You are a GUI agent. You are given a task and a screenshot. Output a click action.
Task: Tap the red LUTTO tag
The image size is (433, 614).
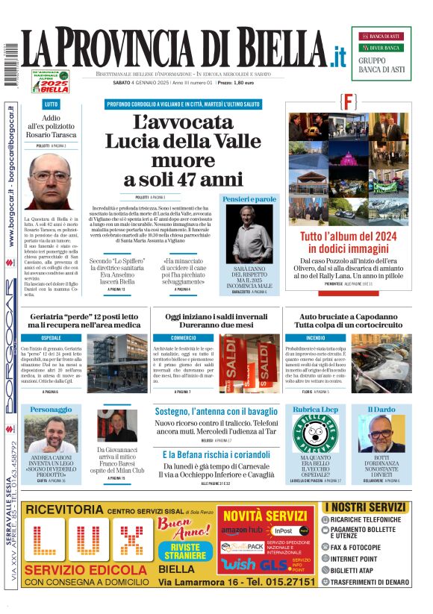[x=51, y=104]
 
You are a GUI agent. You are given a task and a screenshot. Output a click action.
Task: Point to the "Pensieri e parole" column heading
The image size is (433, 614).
[x=249, y=199]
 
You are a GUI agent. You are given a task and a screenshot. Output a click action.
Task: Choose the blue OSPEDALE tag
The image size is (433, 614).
[x=52, y=338]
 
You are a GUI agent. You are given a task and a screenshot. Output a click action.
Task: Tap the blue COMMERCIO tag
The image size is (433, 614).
[x=183, y=338]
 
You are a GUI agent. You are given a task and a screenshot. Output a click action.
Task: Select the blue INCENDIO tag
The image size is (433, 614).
[x=295, y=338]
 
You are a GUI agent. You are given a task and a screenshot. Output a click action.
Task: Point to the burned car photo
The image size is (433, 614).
[x=381, y=363]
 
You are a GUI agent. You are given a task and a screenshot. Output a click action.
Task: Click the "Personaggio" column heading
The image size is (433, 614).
[x=51, y=410]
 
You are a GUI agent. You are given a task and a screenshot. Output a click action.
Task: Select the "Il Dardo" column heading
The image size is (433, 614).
[x=382, y=410]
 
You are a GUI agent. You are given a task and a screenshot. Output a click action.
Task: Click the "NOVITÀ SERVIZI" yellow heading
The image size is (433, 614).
[x=265, y=516]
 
